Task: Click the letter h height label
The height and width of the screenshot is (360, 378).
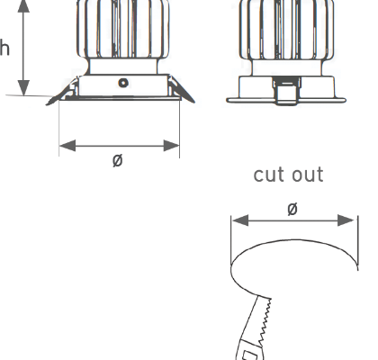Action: click(4, 48)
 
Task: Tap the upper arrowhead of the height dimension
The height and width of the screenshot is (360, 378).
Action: click(23, 6)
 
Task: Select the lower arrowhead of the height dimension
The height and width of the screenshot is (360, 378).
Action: click(23, 88)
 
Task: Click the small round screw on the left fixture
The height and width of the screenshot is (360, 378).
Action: click(123, 83)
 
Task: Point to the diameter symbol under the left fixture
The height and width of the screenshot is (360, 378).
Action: click(118, 160)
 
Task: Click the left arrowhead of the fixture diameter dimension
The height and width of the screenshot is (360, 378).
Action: click(67, 146)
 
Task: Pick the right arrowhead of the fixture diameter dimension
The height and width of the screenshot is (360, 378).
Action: click(172, 146)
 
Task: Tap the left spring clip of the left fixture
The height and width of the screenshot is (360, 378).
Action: click(61, 93)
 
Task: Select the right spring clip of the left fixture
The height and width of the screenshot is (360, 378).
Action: click(182, 89)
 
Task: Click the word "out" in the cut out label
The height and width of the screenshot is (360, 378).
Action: click(308, 175)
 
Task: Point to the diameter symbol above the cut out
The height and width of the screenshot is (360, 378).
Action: click(292, 209)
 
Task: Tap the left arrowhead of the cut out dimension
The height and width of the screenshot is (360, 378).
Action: click(240, 220)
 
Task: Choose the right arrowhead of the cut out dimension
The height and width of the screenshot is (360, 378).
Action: click(346, 220)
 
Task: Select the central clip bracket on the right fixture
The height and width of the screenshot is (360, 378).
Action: click(286, 91)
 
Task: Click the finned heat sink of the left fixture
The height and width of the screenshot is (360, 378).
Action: click(123, 29)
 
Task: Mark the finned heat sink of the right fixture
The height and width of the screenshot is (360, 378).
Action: click(287, 30)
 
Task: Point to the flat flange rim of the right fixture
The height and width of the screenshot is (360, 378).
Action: click(286, 100)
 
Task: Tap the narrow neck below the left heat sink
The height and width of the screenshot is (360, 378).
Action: click(123, 67)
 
